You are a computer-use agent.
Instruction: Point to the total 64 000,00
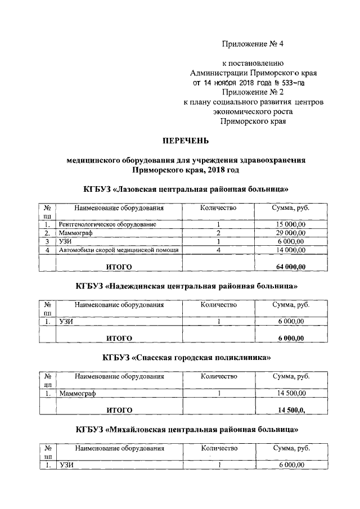click(291, 266)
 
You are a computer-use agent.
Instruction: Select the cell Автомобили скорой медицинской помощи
click(119, 250)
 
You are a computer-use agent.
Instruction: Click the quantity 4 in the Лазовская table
click(218, 250)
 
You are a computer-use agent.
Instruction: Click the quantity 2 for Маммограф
click(218, 233)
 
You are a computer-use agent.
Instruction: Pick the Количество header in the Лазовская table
click(218, 208)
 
